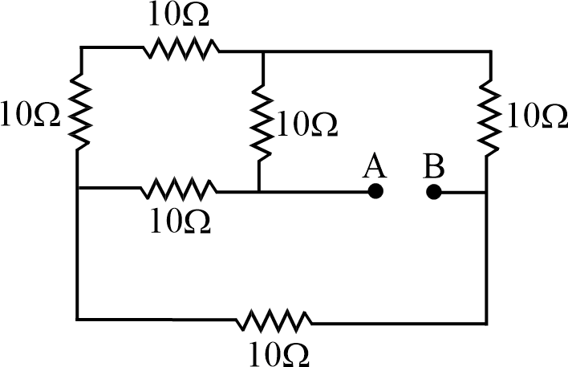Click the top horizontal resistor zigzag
[x=181, y=50]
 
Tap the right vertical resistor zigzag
[x=488, y=116]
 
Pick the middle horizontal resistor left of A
[x=178, y=190]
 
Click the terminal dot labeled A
[x=374, y=192]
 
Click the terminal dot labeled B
[x=433, y=192]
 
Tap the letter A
[x=374, y=167]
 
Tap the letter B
[x=434, y=167]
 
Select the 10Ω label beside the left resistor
[x=31, y=116]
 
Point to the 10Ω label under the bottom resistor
[x=274, y=353]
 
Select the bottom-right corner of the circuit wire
[x=487, y=322]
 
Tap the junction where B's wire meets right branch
[x=487, y=193]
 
